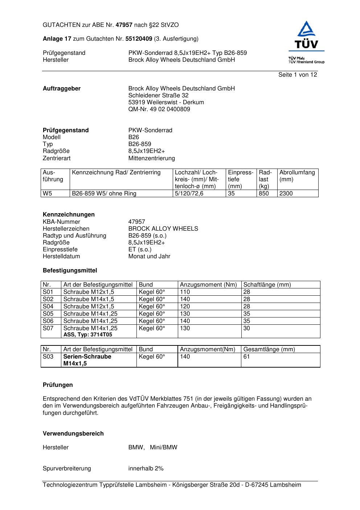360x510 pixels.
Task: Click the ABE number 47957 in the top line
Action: coord(124,25)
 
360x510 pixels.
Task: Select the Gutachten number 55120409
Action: coord(139,39)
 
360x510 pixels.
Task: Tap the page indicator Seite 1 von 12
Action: coord(298,75)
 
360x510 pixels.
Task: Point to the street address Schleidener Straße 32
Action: coord(158,96)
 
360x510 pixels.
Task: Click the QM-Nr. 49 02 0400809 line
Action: coord(159,109)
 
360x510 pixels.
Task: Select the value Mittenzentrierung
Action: coord(151,158)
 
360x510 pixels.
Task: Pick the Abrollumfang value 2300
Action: coord(286,194)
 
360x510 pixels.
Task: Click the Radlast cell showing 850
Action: coord(264,194)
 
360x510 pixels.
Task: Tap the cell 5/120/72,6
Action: coord(189,194)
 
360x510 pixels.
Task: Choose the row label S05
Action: coord(48,314)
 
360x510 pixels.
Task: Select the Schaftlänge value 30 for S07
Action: coord(247,328)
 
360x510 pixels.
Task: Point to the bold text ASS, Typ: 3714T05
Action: coord(88,335)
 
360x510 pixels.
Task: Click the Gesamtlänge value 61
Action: coord(247,357)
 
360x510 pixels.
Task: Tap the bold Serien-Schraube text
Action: coord(87,357)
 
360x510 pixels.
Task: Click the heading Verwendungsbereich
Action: coord(73,434)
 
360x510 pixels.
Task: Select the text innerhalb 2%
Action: coord(146,469)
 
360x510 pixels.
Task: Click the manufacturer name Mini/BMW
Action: coord(164,448)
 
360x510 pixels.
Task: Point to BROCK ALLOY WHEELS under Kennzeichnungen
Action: coord(163,229)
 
